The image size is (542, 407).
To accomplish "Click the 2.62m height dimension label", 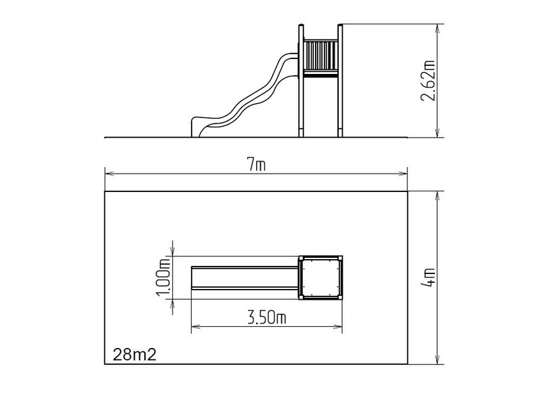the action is [x=428, y=80].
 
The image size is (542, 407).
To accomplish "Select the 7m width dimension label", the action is [x=256, y=165].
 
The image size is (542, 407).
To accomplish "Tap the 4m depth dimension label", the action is [x=429, y=277].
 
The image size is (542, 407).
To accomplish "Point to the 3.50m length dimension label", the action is [x=267, y=317].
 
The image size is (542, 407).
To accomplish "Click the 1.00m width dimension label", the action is [x=163, y=277].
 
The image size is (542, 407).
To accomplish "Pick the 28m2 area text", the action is [x=134, y=355].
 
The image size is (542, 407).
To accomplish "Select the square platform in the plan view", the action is [x=320, y=277].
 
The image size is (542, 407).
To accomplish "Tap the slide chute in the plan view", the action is [x=245, y=278].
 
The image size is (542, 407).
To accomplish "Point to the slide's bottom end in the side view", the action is [x=196, y=128].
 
